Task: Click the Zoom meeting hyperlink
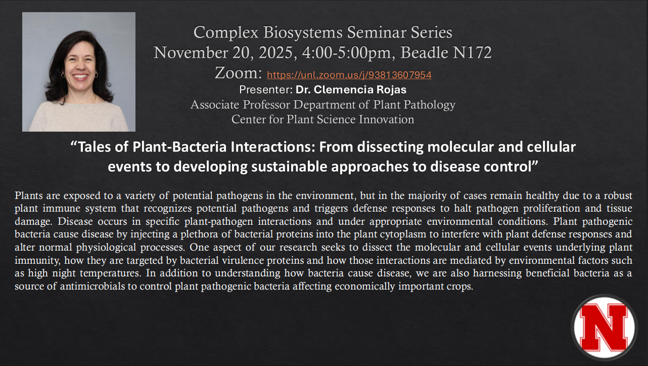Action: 349,75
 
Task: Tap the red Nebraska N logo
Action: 604,328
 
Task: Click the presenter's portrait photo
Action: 79,71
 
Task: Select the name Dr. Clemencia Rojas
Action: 351,90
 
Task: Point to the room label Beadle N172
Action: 446,53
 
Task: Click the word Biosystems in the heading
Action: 303,32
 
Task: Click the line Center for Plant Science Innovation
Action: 322,119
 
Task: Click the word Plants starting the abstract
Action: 29,195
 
